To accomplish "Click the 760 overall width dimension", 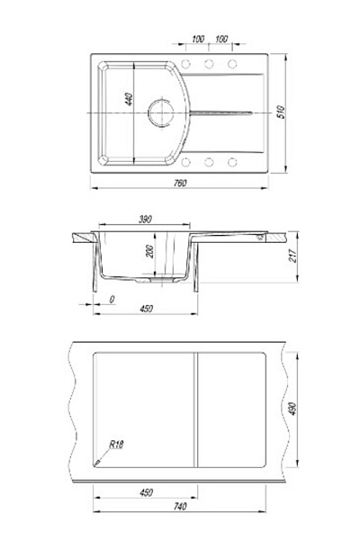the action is (180, 183).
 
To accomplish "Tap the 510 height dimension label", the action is (281, 112).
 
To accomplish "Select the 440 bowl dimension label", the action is (129, 99).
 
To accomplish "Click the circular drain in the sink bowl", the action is (160, 113).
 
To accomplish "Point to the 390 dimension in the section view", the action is (145, 220).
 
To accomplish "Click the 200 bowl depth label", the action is (149, 251).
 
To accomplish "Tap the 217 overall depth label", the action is (292, 256).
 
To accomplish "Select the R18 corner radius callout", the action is (116, 445).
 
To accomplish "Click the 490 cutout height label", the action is (292, 409).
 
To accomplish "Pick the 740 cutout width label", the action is (180, 506).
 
